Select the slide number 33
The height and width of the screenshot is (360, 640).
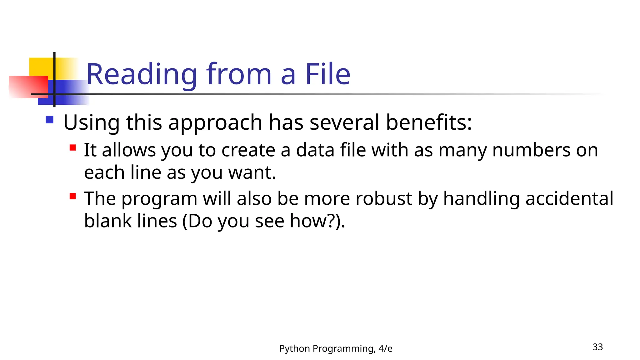coord(597,347)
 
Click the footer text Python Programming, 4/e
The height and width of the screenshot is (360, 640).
coord(336,348)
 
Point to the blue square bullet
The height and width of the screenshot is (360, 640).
coord(49,120)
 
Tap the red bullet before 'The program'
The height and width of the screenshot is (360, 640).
coord(73,196)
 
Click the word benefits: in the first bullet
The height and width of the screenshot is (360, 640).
coord(429,122)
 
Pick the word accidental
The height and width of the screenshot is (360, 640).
coord(569,198)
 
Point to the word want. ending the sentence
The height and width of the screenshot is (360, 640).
coord(252,173)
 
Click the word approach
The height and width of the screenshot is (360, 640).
coord(215,123)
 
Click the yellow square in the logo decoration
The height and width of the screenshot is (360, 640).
coord(41,67)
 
